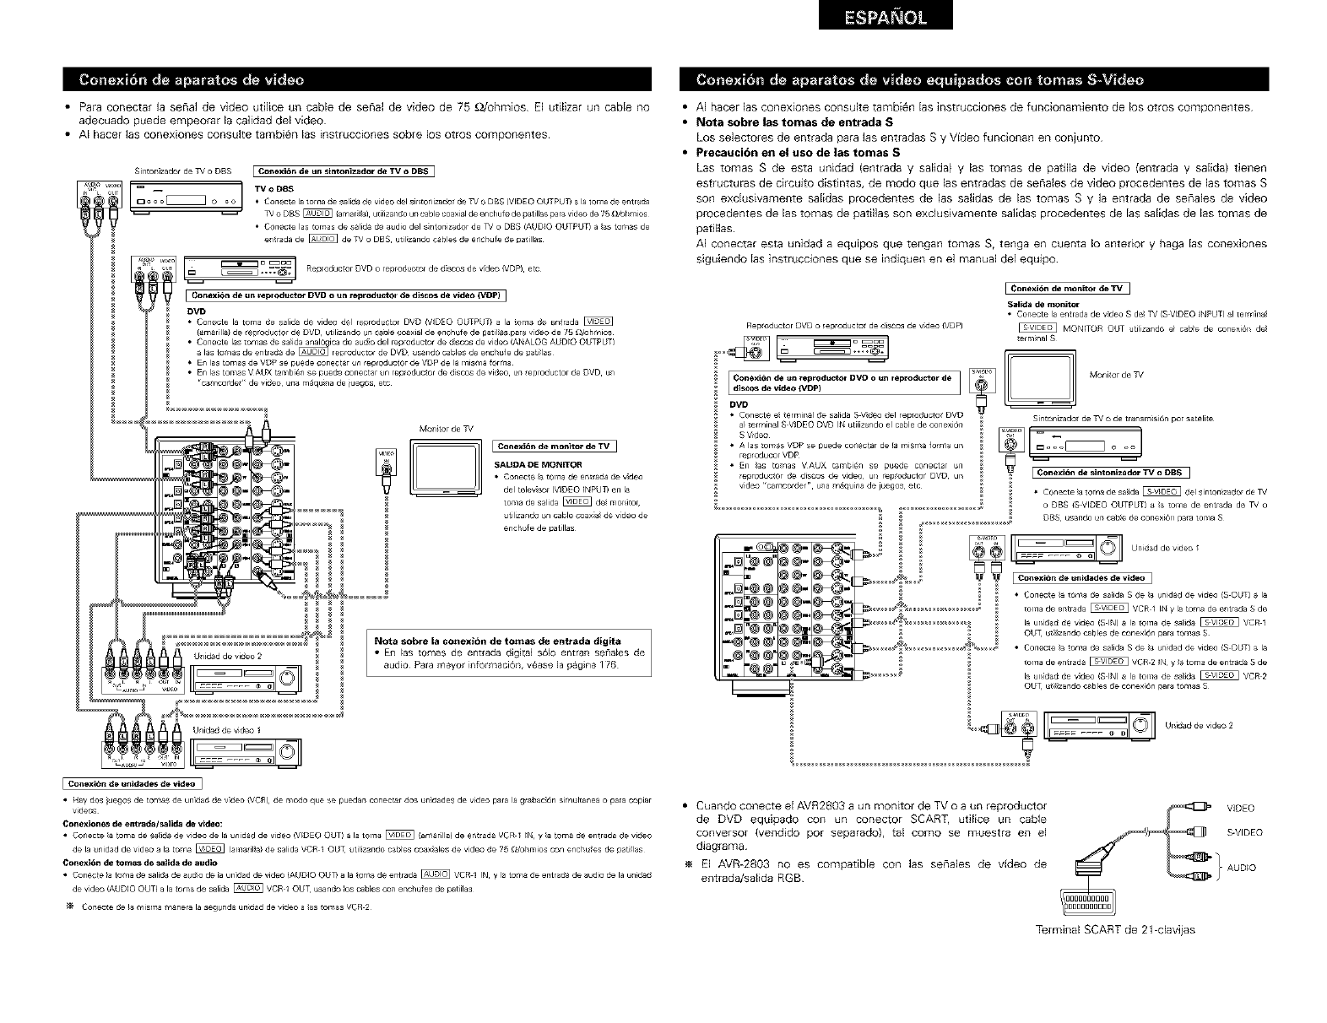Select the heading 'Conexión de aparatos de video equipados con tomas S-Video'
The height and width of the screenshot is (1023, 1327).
pos(920,80)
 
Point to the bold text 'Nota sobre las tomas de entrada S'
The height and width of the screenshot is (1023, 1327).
pos(788,122)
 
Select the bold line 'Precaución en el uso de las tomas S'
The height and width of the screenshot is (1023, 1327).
pos(799,153)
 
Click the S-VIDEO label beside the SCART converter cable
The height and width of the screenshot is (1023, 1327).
pos(1244,832)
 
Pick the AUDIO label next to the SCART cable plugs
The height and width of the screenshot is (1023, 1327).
pos(1241,867)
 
